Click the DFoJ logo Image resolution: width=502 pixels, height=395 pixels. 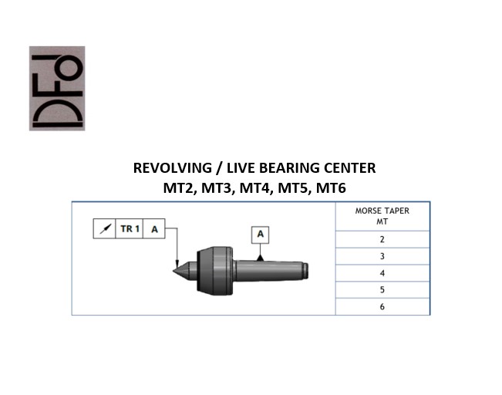[57, 89]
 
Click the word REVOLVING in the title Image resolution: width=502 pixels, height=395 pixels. [173, 168]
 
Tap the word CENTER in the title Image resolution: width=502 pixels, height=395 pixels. [349, 168]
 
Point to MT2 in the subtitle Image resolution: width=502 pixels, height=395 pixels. [177, 188]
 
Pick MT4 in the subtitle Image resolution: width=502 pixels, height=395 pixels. [254, 188]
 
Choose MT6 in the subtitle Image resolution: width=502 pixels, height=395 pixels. [331, 188]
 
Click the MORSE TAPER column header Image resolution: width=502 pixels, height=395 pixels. [382, 216]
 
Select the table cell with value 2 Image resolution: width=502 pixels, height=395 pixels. [382, 239]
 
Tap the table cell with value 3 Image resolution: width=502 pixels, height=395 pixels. [382, 256]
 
